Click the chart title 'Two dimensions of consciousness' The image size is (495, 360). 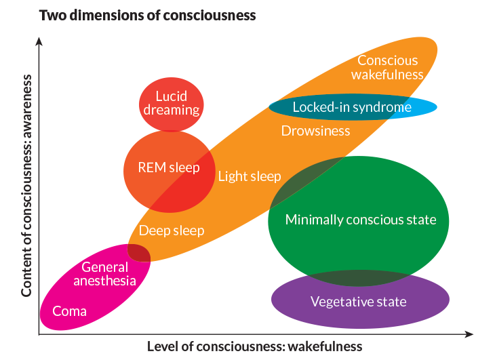147,14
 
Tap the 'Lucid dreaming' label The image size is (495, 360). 172,103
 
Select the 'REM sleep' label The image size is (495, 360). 169,167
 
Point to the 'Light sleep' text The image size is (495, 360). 250,176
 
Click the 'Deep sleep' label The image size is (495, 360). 172,231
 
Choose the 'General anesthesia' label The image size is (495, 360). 109,274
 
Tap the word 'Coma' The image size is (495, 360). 70,311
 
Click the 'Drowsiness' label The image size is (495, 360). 315,131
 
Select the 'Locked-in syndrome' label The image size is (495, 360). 352,107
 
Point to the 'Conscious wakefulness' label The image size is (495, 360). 391,67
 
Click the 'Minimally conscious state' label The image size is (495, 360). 360,220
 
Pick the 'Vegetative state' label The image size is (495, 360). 358,301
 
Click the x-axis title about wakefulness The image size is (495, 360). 255,346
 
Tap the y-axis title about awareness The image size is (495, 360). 27,184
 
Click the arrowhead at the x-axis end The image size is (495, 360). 469,334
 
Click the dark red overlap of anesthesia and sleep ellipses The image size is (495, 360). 139,253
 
